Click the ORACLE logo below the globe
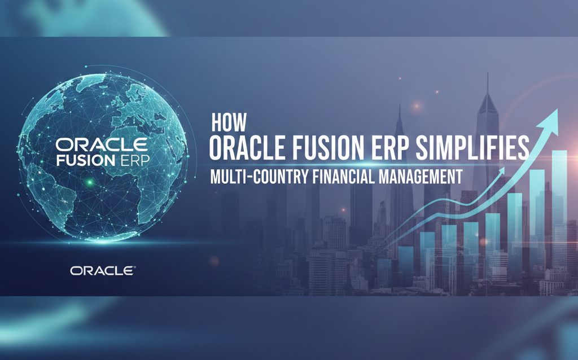point(102,271)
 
